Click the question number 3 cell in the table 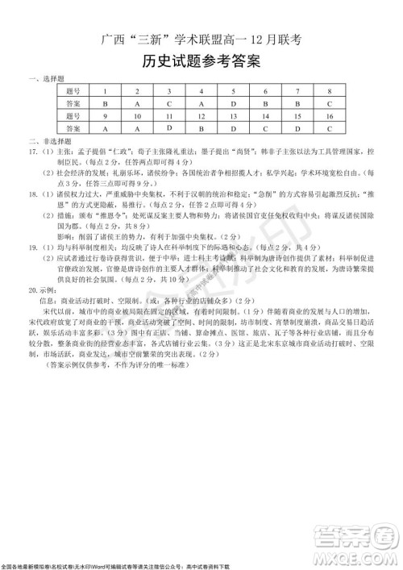[x=169, y=91]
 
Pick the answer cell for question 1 [x=105, y=103]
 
